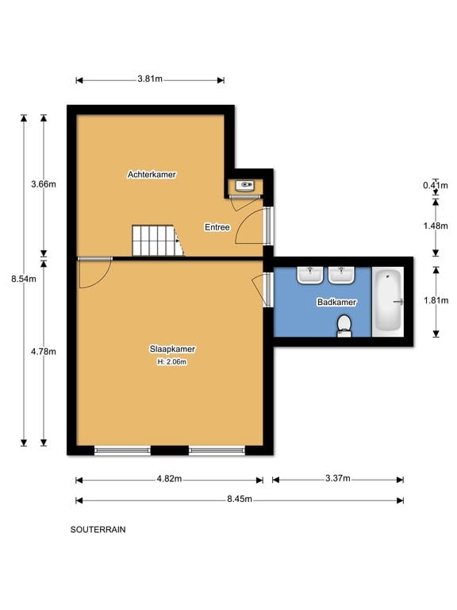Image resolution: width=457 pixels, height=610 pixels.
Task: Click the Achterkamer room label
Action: pyautogui.click(x=152, y=174)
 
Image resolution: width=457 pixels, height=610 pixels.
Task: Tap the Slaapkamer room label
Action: pyautogui.click(x=172, y=349)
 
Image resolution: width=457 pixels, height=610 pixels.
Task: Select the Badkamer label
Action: pyautogui.click(x=336, y=302)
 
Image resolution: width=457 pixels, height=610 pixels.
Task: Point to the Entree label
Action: pyautogui.click(x=217, y=227)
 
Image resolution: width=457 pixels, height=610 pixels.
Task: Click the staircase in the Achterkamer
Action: pyautogui.click(x=156, y=240)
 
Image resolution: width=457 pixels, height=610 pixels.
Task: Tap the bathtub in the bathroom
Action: pyautogui.click(x=389, y=301)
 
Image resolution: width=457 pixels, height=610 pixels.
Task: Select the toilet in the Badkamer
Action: pyautogui.click(x=344, y=326)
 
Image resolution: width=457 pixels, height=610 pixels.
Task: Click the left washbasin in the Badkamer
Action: pyautogui.click(x=309, y=275)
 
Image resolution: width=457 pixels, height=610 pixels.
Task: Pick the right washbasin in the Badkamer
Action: pyautogui.click(x=340, y=275)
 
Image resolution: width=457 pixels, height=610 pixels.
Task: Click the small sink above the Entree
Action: pyautogui.click(x=246, y=186)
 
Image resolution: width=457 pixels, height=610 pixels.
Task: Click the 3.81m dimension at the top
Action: pyautogui.click(x=150, y=79)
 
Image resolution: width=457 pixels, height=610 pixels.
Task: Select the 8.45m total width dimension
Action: pyautogui.click(x=239, y=500)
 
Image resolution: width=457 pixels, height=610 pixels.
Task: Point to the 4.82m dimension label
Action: pyautogui.click(x=168, y=479)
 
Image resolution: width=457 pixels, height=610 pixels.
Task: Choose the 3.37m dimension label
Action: pyautogui.click(x=337, y=479)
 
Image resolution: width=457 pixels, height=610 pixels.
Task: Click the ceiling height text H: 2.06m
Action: pyautogui.click(x=172, y=361)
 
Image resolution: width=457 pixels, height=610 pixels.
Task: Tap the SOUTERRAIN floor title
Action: pyautogui.click(x=98, y=529)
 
